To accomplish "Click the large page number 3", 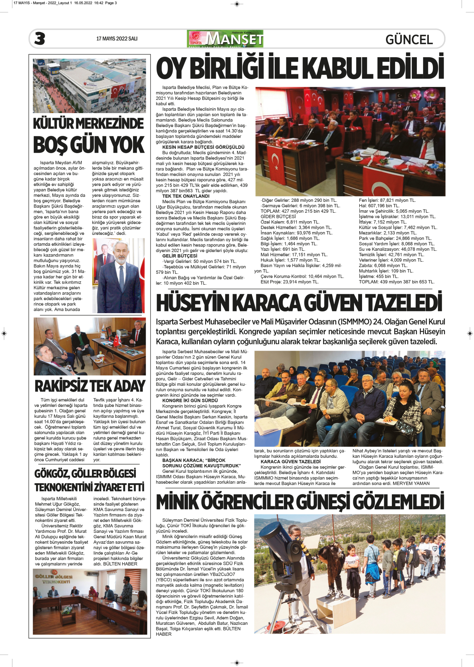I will pos(40,39).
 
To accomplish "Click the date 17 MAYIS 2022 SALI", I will pos(117,39).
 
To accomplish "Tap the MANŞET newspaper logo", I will pos(225,39).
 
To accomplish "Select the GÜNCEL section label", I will pos(409,40).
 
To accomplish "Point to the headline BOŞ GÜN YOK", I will pos(89,145).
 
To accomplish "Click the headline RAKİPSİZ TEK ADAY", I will pos(90,386).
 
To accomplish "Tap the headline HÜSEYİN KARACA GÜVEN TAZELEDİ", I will pos(299,303).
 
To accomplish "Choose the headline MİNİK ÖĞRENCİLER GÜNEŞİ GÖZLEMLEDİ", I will pos(300,502).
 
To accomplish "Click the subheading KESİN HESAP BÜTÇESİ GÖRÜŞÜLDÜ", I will pos(203,147).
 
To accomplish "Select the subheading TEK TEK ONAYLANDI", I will pos(186,196).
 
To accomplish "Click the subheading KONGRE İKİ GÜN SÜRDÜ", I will pos(190,401).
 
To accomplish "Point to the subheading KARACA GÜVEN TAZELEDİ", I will pos(291,462).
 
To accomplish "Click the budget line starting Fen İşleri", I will pos(387,200).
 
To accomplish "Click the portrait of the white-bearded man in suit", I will pos(119,276).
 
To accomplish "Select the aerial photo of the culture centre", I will pos(89,86).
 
